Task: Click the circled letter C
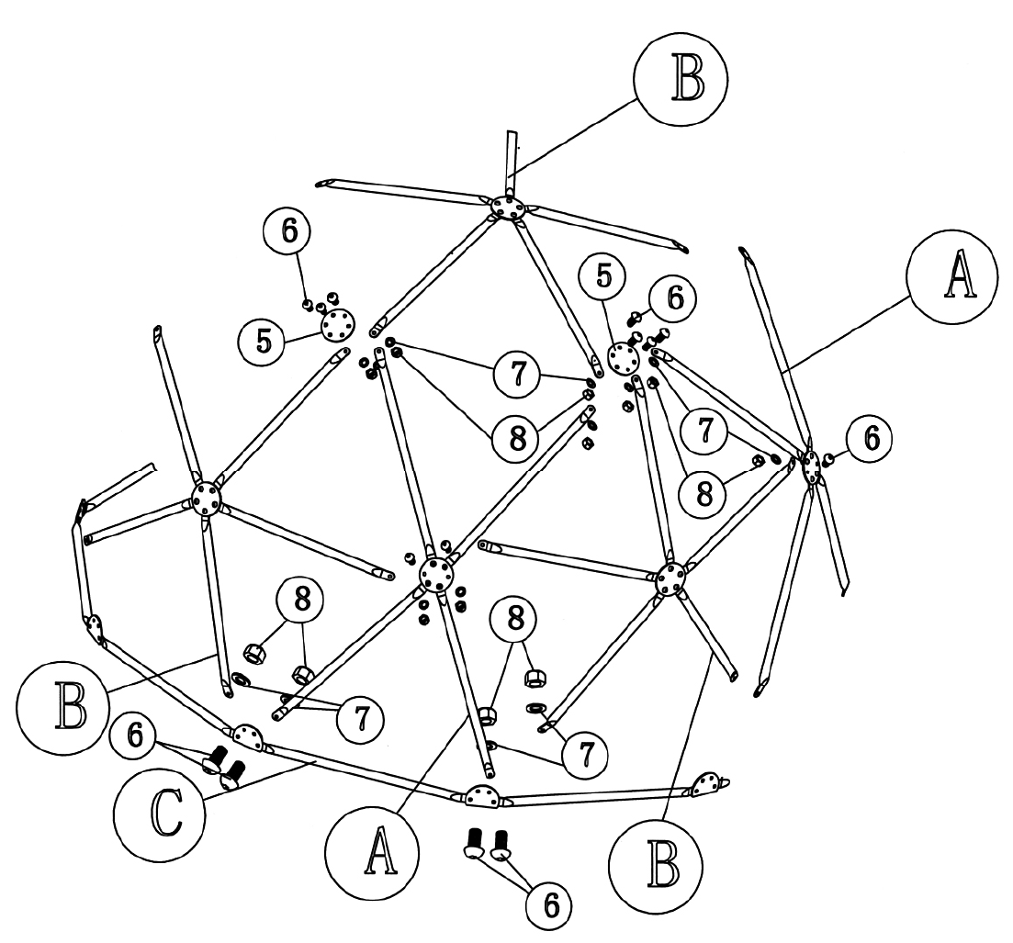[160, 813]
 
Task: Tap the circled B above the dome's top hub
[681, 77]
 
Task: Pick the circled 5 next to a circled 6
[603, 275]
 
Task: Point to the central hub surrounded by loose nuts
[437, 574]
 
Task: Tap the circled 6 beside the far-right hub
[872, 439]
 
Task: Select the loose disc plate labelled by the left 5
[339, 322]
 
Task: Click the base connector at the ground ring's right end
[708, 783]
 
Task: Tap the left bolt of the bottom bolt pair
[474, 843]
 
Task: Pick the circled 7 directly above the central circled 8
[517, 375]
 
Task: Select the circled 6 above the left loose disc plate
[287, 230]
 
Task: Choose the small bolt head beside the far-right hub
[829, 459]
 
